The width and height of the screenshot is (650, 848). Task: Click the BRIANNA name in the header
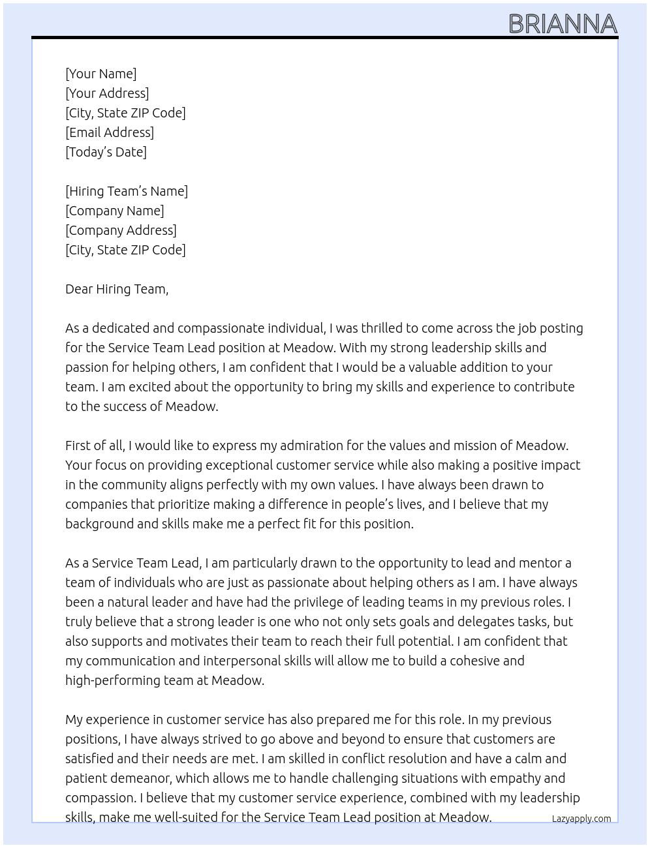tap(563, 24)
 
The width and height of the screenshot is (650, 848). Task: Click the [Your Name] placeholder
tap(101, 74)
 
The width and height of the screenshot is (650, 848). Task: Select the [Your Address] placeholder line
tap(107, 93)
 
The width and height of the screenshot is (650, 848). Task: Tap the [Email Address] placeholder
tap(110, 132)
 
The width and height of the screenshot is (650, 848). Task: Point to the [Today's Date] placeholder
tap(106, 152)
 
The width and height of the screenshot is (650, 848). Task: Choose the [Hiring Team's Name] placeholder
tap(127, 191)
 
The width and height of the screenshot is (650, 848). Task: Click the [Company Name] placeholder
tap(114, 211)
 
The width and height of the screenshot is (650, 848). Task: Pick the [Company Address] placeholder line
tap(121, 230)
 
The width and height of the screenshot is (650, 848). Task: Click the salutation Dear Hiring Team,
tap(117, 289)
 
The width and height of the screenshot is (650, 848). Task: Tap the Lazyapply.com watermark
tap(581, 819)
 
